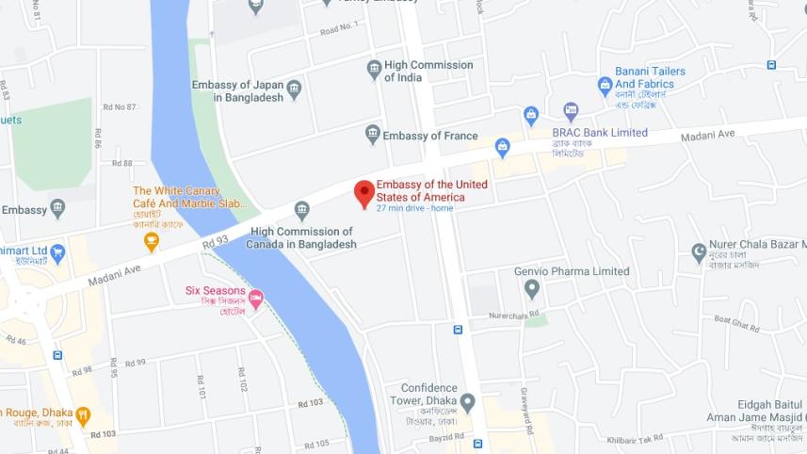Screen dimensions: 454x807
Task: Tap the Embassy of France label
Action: [x=429, y=136]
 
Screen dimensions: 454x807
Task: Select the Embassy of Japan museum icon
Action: [x=294, y=90]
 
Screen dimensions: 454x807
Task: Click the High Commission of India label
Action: [x=428, y=71]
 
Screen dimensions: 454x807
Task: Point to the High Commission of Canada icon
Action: [x=301, y=209]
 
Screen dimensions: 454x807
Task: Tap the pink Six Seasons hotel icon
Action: [x=256, y=298]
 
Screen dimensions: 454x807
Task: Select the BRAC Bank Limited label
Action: [x=600, y=133]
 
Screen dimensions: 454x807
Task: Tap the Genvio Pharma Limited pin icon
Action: [x=532, y=288]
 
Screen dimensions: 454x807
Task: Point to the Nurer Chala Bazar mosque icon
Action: [x=699, y=251]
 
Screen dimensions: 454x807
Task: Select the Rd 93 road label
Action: [x=216, y=243]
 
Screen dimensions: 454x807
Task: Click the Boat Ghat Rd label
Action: [x=735, y=323]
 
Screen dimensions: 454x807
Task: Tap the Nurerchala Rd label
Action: [x=513, y=314]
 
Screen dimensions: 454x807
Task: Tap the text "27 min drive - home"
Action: [x=414, y=208]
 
